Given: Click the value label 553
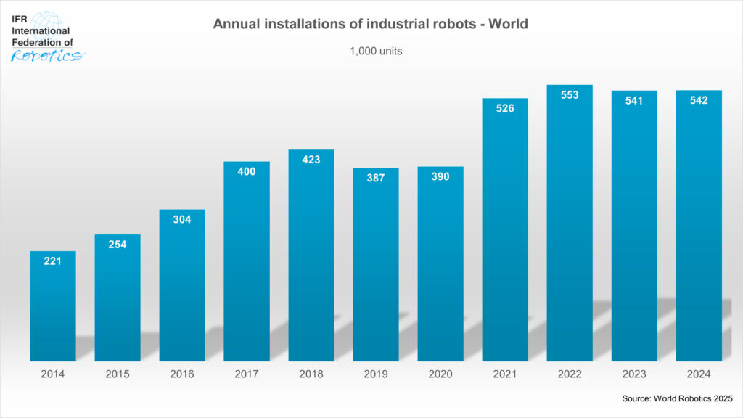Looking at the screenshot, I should pos(570,95).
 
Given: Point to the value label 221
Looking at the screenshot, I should pos(52,261).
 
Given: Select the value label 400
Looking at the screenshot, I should pos(247,171).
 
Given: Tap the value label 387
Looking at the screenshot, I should pos(376,178).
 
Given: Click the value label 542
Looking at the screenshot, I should pos(699,100).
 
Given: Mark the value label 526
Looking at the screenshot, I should pos(505,108).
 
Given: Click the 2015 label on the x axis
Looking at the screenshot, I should pos(117,374).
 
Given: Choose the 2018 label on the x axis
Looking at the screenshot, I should pos(311,374).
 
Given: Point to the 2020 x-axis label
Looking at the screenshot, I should pos(440,374).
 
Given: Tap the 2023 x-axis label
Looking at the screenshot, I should pos(634,374).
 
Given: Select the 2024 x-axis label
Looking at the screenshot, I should pos(699,374).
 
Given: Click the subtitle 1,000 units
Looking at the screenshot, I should pos(371,52).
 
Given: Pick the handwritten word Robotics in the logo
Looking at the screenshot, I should pos(46,55).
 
